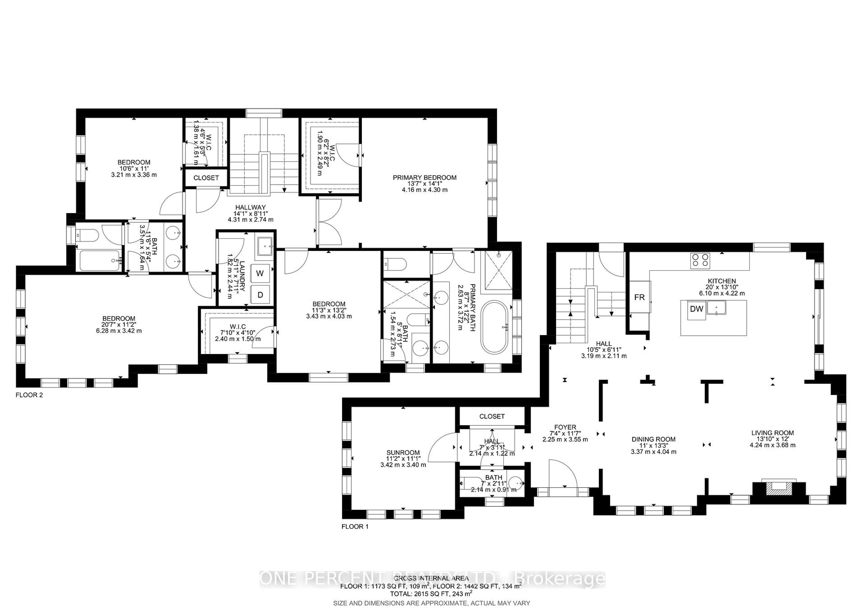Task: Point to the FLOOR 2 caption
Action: coord(29,395)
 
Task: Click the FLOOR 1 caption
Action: coord(355,526)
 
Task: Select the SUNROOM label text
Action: coord(403,453)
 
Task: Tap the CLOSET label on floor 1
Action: coord(492,416)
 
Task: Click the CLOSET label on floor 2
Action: coord(206,178)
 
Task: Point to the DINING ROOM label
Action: coord(653,439)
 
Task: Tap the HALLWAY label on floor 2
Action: coord(250,207)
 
